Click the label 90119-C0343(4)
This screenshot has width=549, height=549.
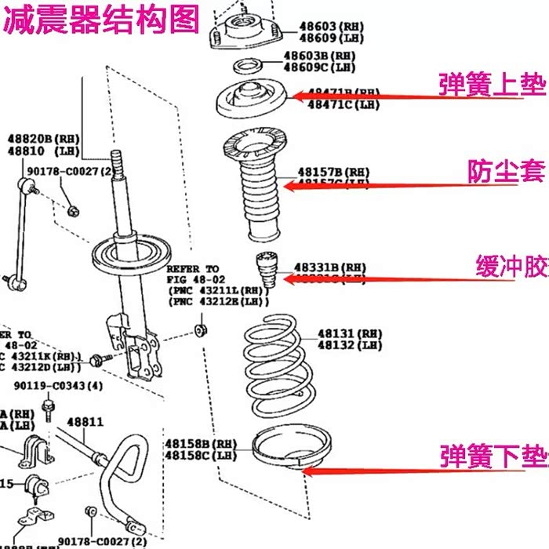click(x=58, y=386)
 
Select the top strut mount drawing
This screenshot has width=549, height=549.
click(x=241, y=29)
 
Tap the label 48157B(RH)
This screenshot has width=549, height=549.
click(x=333, y=172)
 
